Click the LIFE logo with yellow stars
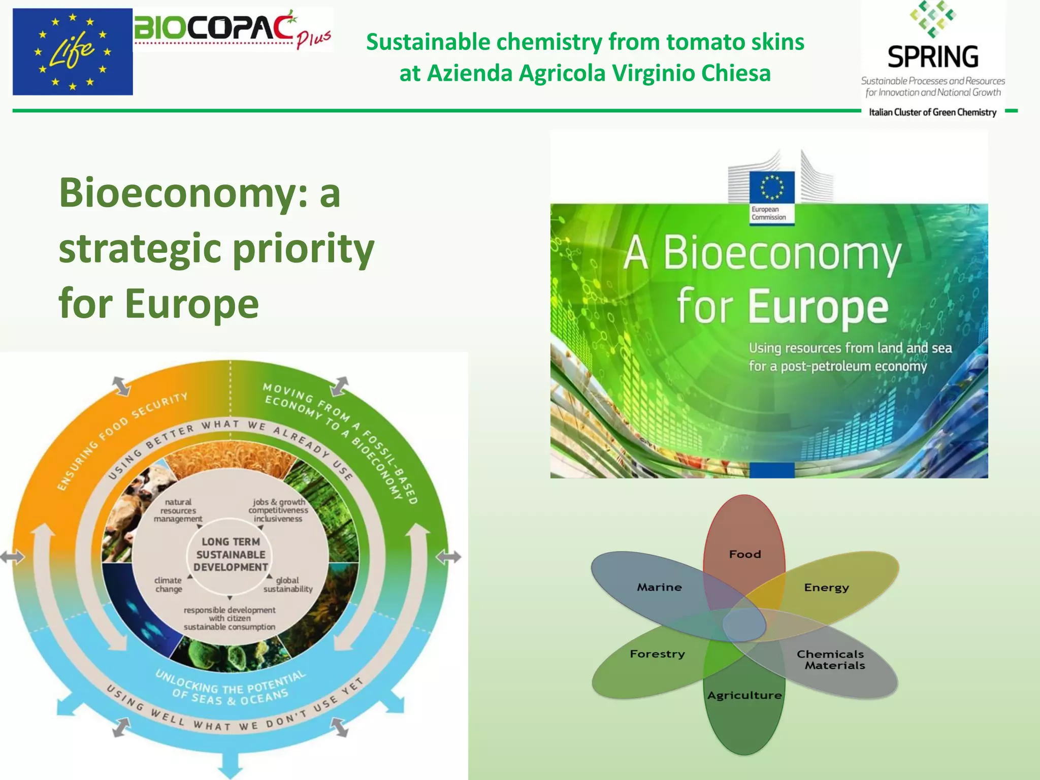pyautogui.click(x=73, y=52)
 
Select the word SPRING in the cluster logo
pyautogui.click(x=933, y=57)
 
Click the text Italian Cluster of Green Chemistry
pyautogui.click(x=932, y=112)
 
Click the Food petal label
pyautogui.click(x=745, y=554)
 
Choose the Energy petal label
pyautogui.click(x=826, y=588)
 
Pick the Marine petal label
pyautogui.click(x=659, y=587)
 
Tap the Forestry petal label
pyautogui.click(x=657, y=654)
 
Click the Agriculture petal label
pyautogui.click(x=744, y=695)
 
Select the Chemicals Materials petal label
pyautogui.click(x=831, y=660)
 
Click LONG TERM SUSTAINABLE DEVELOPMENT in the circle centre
pyautogui.click(x=231, y=555)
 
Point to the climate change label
pyautogui.click(x=169, y=584)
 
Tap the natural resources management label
pyautogui.click(x=178, y=510)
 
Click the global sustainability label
pyautogui.click(x=288, y=584)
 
